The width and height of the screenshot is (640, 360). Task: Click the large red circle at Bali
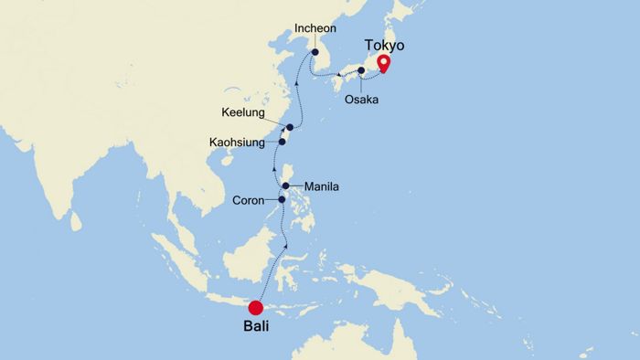pos(256,308)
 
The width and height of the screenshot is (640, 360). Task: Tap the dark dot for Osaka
pos(362,70)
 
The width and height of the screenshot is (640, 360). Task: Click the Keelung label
pos(242,113)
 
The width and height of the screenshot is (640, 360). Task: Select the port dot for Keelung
pos(290,127)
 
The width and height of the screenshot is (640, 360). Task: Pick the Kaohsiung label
pos(237,143)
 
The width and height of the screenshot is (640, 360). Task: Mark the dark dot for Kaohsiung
pos(283,142)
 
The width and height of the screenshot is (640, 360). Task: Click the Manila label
pos(321,186)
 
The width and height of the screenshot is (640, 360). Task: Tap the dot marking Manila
pos(286,186)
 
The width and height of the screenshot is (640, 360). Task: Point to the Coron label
pos(248,201)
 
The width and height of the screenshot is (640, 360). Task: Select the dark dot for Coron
pos(282,201)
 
